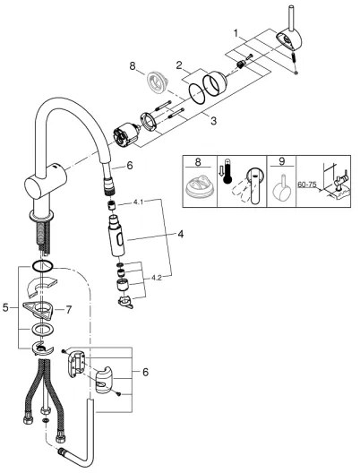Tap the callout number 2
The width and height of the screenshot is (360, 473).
tap(179, 64)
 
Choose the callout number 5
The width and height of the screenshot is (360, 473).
tap(8, 307)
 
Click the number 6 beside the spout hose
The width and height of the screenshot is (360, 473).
tap(129, 165)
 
